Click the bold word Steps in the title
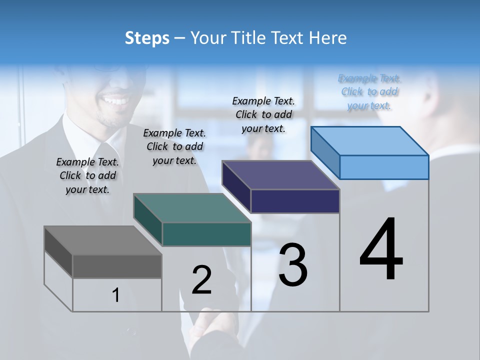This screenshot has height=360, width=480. (147, 38)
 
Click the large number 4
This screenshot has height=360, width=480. (381, 250)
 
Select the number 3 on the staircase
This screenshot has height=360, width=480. (293, 265)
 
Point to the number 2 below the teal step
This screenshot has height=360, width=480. (202, 280)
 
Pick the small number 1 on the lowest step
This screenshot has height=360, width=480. (116, 295)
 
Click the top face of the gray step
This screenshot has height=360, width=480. (102, 240)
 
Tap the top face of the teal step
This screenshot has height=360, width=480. (192, 208)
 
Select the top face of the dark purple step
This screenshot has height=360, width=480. (280, 175)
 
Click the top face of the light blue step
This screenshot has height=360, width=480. (369, 141)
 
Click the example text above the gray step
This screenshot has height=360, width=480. (87, 175)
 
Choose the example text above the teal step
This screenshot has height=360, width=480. (174, 146)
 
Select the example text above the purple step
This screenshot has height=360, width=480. (263, 114)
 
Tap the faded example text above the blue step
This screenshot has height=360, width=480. (369, 91)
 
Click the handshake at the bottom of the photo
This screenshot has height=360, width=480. (210, 327)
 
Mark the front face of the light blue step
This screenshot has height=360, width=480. (384, 167)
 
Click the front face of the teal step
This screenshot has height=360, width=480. (206, 234)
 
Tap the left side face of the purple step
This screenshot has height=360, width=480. (236, 187)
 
